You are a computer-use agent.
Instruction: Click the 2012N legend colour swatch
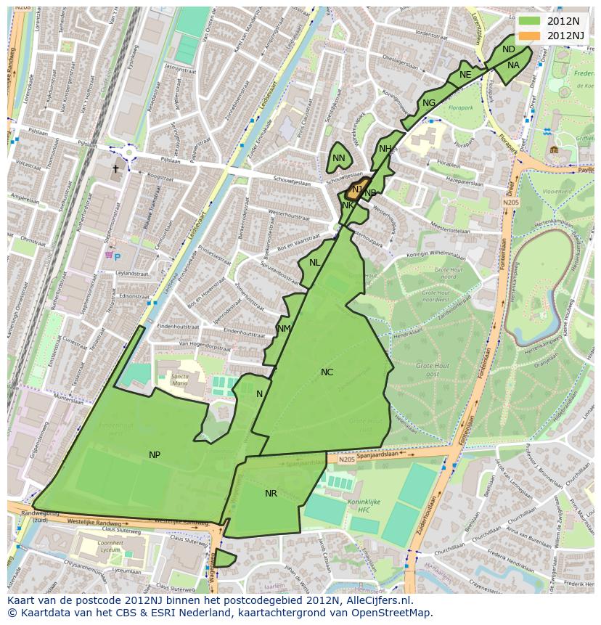click(x=530, y=20)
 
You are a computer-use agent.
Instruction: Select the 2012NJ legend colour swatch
click(x=530, y=35)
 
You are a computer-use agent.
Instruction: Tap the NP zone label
click(x=155, y=455)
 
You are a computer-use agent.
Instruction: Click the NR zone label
click(x=271, y=494)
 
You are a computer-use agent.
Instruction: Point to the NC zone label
click(x=327, y=372)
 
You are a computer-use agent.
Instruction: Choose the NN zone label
click(x=339, y=158)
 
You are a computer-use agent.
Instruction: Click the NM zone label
click(x=284, y=329)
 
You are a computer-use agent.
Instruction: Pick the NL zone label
click(x=314, y=263)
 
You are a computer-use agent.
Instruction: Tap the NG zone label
click(x=429, y=103)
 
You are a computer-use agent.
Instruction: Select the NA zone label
click(x=513, y=65)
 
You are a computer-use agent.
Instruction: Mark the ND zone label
click(x=509, y=49)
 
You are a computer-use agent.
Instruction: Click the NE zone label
click(x=465, y=75)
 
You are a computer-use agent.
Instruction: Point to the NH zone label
click(x=385, y=149)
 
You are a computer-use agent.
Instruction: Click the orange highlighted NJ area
click(x=355, y=191)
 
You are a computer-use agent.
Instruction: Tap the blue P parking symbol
click(x=117, y=257)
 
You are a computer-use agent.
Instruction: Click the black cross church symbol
click(x=115, y=169)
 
